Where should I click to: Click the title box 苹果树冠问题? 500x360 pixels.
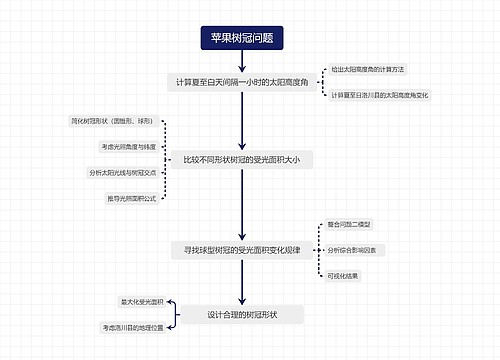(242, 37)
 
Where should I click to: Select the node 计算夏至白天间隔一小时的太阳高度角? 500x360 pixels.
(243, 81)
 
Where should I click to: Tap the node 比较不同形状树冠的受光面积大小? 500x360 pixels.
(242, 159)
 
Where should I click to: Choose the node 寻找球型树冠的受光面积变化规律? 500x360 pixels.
(243, 250)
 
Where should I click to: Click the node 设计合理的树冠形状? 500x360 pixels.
(242, 314)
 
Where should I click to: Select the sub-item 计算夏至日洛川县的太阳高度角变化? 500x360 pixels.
(379, 95)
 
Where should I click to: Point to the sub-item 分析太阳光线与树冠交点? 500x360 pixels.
(124, 173)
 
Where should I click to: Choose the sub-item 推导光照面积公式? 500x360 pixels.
(131, 199)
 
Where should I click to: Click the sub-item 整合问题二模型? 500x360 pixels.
(349, 224)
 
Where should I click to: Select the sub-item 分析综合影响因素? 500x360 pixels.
(352, 250)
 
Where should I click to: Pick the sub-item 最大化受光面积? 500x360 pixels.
(141, 301)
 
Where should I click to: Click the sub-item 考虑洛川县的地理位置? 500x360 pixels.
(132, 327)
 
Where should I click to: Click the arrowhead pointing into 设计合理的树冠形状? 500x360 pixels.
(242, 301)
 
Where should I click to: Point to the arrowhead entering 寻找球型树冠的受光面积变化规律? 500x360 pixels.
(242, 236)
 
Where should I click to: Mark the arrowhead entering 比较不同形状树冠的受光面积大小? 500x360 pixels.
(242, 145)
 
